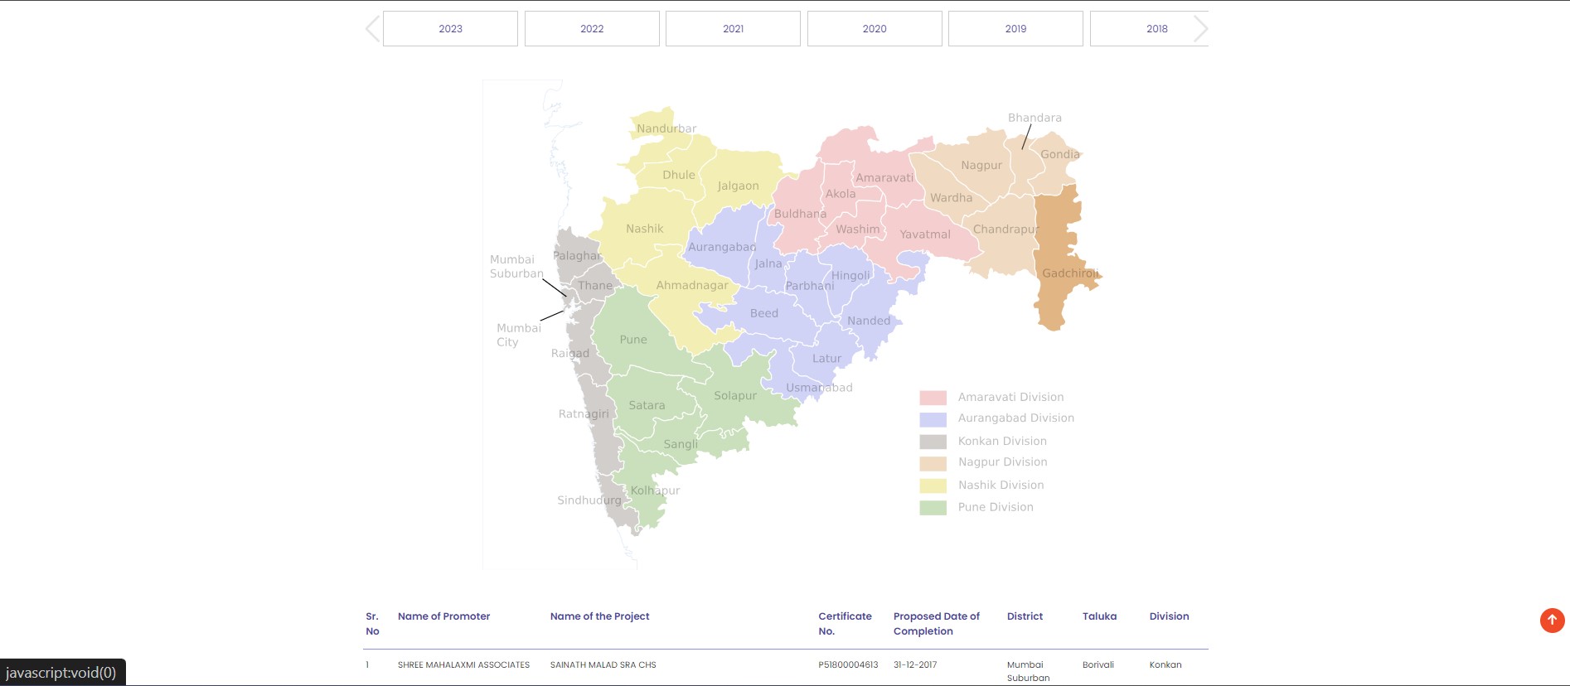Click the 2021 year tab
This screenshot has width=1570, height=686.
click(x=733, y=28)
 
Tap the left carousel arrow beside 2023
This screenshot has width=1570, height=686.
click(x=372, y=28)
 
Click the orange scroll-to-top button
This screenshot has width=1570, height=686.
click(x=1552, y=620)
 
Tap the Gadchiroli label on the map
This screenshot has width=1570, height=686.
click(x=1069, y=273)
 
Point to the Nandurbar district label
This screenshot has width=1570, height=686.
click(x=666, y=128)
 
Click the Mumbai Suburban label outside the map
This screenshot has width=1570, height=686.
click(x=516, y=266)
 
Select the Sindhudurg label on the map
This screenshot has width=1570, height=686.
click(x=589, y=500)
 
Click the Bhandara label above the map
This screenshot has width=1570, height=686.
click(x=1035, y=118)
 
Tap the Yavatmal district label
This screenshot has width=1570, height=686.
click(x=925, y=234)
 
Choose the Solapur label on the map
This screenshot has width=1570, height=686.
click(x=735, y=396)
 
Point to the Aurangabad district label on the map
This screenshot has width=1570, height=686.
click(x=721, y=247)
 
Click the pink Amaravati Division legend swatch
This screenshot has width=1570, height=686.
click(x=933, y=398)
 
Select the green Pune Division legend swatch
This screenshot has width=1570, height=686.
click(x=933, y=508)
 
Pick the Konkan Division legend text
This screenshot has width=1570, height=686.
click(x=1002, y=441)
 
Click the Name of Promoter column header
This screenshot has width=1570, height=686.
click(x=443, y=616)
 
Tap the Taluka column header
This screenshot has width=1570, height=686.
click(x=1099, y=616)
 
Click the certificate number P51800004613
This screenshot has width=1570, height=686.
click(x=847, y=664)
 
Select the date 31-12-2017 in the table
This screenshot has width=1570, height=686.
click(x=915, y=664)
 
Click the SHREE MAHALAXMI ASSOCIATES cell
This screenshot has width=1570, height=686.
click(x=463, y=664)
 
